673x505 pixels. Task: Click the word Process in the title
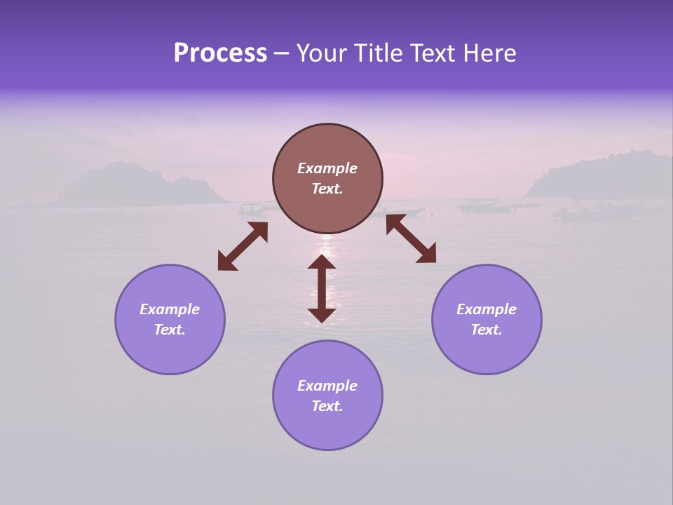220,53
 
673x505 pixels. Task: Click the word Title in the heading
379,53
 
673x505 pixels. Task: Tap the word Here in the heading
489,53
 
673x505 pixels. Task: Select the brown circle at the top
327,179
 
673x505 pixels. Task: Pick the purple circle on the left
170,319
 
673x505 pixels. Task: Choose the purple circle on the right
487,319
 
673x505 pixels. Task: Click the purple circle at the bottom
327,396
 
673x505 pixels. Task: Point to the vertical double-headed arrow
322,288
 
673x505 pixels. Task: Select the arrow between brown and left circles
243,246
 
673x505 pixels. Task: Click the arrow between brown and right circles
412,238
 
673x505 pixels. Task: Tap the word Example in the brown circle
327,168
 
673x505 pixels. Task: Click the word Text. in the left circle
170,330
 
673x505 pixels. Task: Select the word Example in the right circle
487,309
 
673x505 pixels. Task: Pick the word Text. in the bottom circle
327,406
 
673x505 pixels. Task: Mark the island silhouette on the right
603,175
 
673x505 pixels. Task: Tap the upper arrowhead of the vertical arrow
322,262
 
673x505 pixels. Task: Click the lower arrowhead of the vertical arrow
322,315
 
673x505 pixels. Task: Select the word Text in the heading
433,53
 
